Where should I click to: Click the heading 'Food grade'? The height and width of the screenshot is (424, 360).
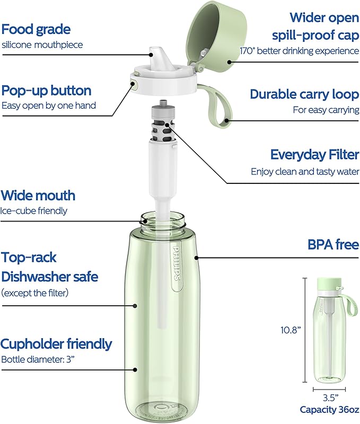(x=36, y=29)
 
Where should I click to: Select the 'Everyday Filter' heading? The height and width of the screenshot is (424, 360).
(x=314, y=154)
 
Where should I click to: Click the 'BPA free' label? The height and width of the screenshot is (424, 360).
(x=333, y=244)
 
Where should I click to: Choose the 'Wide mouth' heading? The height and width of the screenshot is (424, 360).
(x=38, y=195)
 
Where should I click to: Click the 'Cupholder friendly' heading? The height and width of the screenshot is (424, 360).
(x=56, y=343)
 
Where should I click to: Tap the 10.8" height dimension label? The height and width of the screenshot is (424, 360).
(x=291, y=330)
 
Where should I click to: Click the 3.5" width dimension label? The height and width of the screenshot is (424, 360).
(x=330, y=395)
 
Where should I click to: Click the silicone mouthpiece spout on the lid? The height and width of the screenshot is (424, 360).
(x=158, y=56)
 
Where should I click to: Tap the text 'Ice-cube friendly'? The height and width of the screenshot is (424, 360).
(x=34, y=210)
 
